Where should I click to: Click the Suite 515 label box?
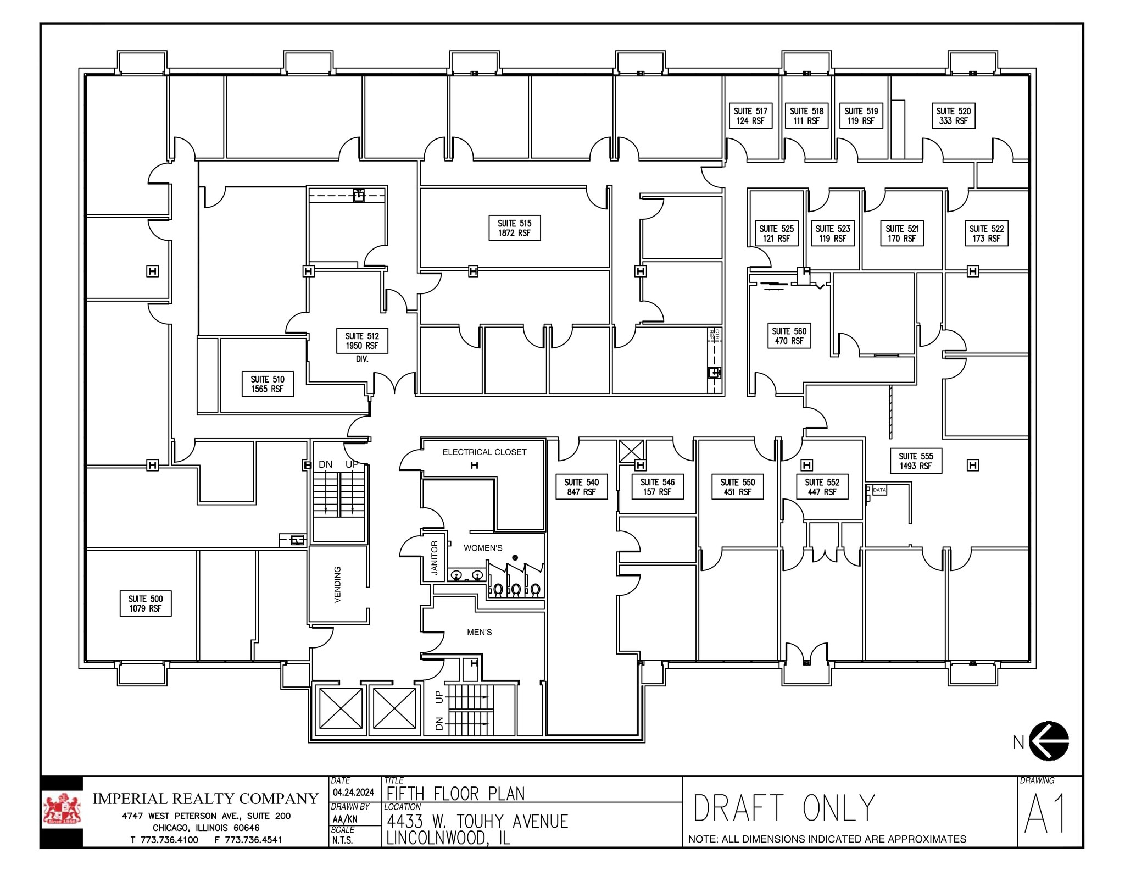514,228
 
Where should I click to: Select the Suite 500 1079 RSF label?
146,603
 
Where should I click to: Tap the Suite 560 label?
789,336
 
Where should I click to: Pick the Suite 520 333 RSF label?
953,116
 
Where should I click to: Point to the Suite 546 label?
657,487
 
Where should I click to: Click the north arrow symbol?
1048,741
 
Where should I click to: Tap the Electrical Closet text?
484,452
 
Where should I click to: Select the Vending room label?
337,584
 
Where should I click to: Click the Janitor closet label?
434,558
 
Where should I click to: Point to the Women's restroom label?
483,548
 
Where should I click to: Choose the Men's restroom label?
479,632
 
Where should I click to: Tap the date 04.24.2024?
353,793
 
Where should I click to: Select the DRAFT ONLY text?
784,808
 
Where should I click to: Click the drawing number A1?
1045,813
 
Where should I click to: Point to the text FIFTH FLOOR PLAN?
455,794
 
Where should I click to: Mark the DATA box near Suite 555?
879,490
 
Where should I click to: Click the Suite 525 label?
776,234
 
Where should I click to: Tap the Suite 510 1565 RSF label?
268,384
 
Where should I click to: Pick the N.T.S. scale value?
342,840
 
